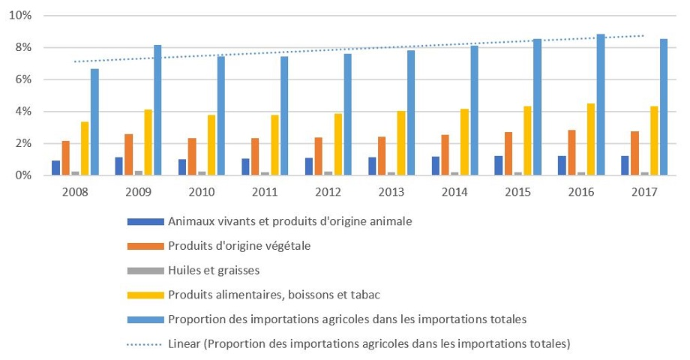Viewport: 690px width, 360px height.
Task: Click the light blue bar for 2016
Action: [x=601, y=105]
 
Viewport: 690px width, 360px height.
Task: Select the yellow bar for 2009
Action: [x=148, y=142]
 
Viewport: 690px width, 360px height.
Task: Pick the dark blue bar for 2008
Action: [x=56, y=168]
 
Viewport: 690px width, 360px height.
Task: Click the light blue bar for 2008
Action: [x=94, y=122]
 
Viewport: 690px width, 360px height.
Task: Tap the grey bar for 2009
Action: [x=139, y=173]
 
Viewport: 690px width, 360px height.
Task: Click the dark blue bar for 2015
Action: [x=499, y=166]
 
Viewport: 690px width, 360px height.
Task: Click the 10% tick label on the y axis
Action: [x=19, y=16]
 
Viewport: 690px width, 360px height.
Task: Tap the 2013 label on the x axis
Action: [x=390, y=191]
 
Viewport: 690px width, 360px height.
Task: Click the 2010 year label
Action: [x=201, y=191]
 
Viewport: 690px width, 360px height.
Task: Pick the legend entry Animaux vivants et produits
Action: [x=291, y=221]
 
